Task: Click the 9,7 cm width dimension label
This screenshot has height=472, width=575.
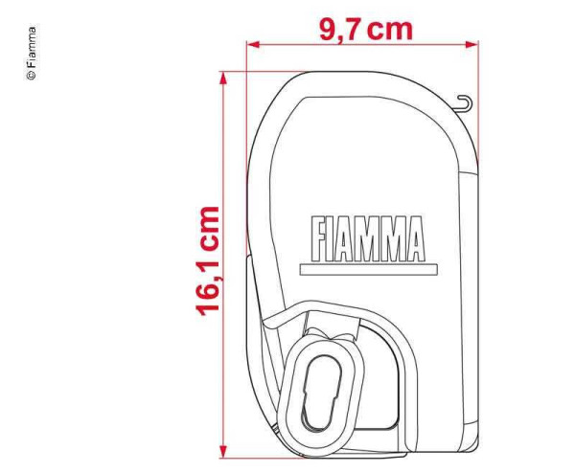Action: coord(366,30)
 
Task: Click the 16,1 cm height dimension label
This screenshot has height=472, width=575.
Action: coord(208,261)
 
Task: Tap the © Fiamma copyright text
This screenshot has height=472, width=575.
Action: coord(32,53)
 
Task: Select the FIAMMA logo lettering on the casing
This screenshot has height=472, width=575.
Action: coord(368,238)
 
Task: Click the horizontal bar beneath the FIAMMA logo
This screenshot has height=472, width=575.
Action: coord(369,269)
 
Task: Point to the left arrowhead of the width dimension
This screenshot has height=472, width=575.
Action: coord(253,44)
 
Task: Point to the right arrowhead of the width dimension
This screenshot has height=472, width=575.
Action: coord(471,44)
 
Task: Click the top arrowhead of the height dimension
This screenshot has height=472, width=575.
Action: coord(222,78)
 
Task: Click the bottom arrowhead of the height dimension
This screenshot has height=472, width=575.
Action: coord(222,452)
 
